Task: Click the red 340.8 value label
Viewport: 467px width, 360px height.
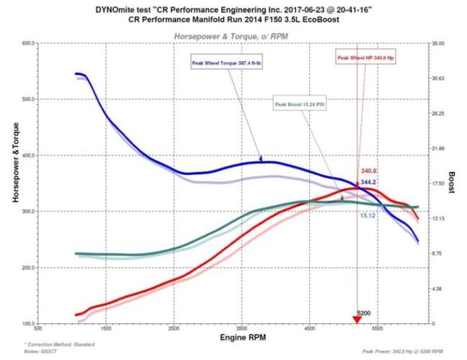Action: [369, 171]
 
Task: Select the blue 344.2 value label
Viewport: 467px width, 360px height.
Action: [369, 183]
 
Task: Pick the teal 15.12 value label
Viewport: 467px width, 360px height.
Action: [368, 215]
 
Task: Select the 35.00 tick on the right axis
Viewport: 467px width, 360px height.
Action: [440, 43]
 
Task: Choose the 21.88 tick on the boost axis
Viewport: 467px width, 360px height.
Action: [440, 148]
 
